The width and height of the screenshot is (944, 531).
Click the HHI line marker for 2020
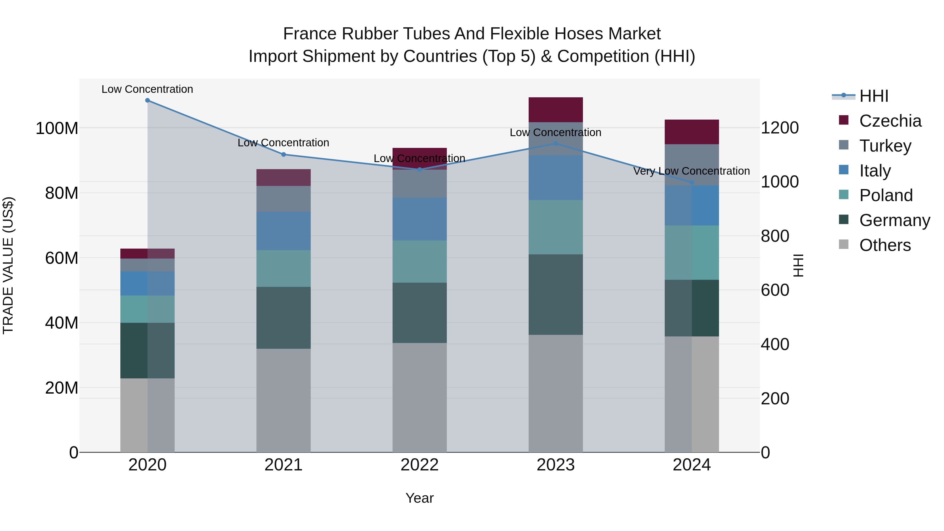pos(147,100)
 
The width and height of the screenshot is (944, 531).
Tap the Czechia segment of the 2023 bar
pos(556,110)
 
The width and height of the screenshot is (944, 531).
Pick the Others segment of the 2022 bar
pos(420,397)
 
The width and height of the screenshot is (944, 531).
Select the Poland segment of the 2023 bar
pos(556,227)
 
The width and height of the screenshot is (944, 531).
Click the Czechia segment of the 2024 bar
pos(691,132)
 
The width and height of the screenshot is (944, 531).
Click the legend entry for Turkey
pos(885,146)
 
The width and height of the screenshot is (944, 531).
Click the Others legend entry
pos(885,245)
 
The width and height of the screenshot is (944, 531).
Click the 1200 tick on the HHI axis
pos(780,128)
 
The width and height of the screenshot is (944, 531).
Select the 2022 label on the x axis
pos(420,465)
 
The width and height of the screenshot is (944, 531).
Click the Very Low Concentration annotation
pos(691,171)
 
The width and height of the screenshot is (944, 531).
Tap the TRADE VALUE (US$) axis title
pos(8,265)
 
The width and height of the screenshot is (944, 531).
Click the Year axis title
pos(420,498)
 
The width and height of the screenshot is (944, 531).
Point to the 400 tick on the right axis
pos(775,345)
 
